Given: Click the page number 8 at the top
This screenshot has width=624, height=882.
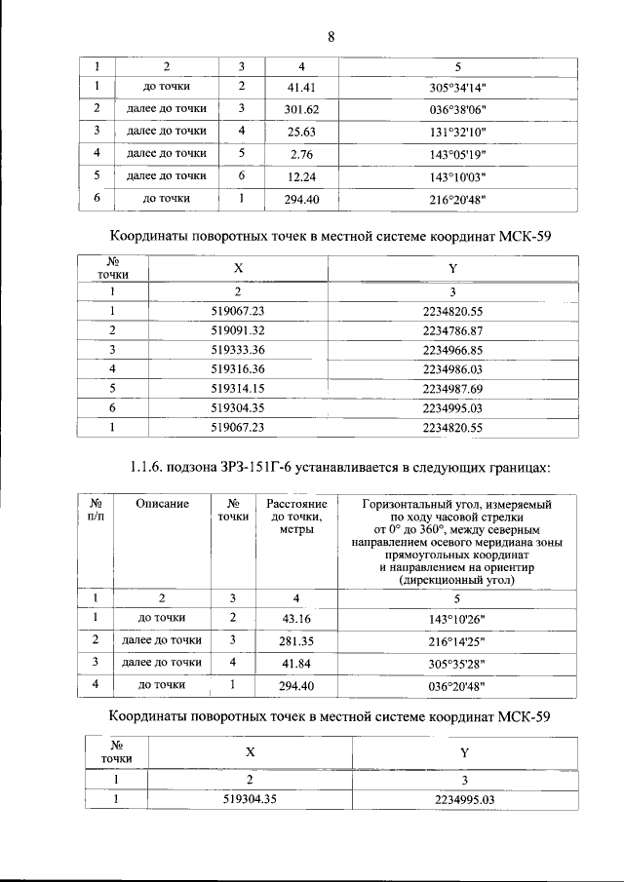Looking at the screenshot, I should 331,38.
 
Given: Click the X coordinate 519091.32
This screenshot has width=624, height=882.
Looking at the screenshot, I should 238,330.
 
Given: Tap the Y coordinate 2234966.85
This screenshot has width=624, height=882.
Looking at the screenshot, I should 452,349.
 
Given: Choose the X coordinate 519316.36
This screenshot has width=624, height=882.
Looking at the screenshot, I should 238,368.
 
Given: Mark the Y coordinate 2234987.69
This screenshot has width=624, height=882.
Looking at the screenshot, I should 452,387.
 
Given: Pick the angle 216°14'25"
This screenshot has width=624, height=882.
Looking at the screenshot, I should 457,640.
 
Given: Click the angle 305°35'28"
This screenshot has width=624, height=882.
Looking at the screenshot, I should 457,663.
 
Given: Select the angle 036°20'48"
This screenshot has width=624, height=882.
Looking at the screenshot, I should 457,685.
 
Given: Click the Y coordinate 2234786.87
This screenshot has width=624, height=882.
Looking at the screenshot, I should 452,330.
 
